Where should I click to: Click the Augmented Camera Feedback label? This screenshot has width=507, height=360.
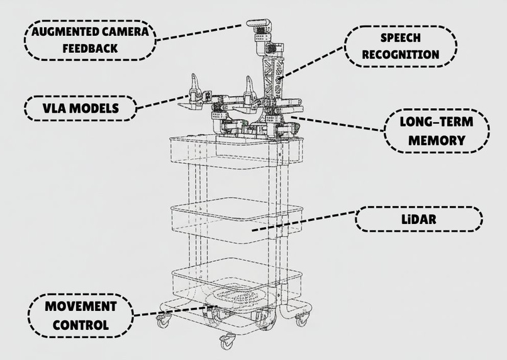coord(88,39)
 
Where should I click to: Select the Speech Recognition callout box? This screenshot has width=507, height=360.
coord(401,46)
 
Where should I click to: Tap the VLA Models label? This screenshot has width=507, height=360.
coord(80,108)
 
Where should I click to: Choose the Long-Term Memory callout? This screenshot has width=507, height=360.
coord(436,131)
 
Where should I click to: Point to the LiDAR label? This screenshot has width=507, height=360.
coord(418,220)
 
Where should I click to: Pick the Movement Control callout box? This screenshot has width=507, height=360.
coord(81,316)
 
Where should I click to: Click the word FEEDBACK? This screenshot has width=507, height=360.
coord(89,47)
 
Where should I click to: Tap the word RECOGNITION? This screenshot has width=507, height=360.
coord(401,54)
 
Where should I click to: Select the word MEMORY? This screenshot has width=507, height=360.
coord(436,140)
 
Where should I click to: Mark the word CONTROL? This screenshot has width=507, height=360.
coord(81,325)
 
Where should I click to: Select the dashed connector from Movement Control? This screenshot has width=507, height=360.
coord(170,311)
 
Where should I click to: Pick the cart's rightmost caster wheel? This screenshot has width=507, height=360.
coord(303,319)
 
